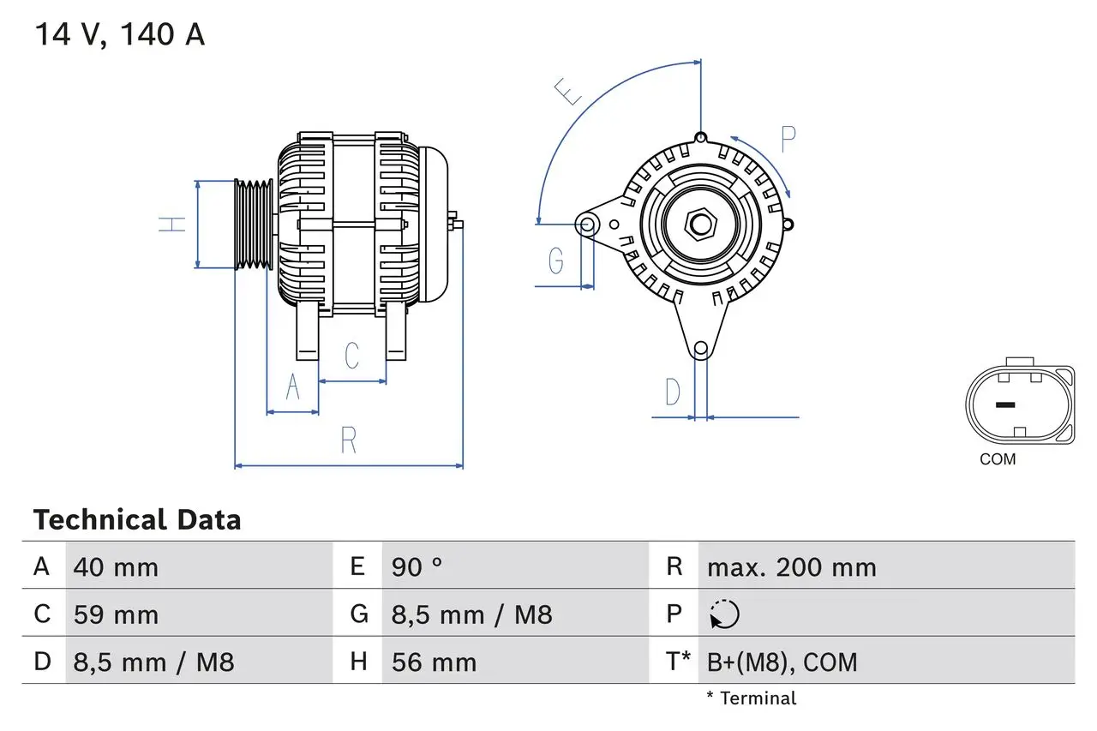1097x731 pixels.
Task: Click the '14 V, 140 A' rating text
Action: click(x=119, y=35)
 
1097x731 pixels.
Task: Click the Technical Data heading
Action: click(x=137, y=519)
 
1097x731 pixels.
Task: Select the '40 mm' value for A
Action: click(x=116, y=566)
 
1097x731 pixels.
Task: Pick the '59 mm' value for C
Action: click(x=116, y=614)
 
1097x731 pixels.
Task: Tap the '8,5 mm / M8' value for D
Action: click(x=153, y=662)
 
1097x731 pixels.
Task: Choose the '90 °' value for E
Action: click(x=417, y=566)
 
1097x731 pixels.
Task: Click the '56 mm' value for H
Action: click(x=434, y=662)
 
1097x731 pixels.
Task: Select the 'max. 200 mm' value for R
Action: click(x=791, y=566)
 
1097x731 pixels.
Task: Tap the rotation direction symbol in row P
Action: click(x=724, y=614)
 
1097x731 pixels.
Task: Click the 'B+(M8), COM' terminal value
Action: click(x=782, y=662)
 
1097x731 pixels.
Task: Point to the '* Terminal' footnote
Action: click(x=751, y=698)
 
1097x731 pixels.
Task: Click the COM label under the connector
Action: click(x=998, y=459)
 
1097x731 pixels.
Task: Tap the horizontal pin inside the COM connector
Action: click(x=1005, y=405)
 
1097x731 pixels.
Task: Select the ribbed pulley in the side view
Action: click(x=254, y=225)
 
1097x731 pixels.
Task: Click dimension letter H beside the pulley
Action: click(x=173, y=225)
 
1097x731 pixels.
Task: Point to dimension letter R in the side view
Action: click(x=348, y=440)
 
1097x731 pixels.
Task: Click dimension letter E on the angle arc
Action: click(x=566, y=92)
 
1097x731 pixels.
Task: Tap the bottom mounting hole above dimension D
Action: click(x=700, y=348)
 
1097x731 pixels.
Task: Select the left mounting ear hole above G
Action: click(x=587, y=225)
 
